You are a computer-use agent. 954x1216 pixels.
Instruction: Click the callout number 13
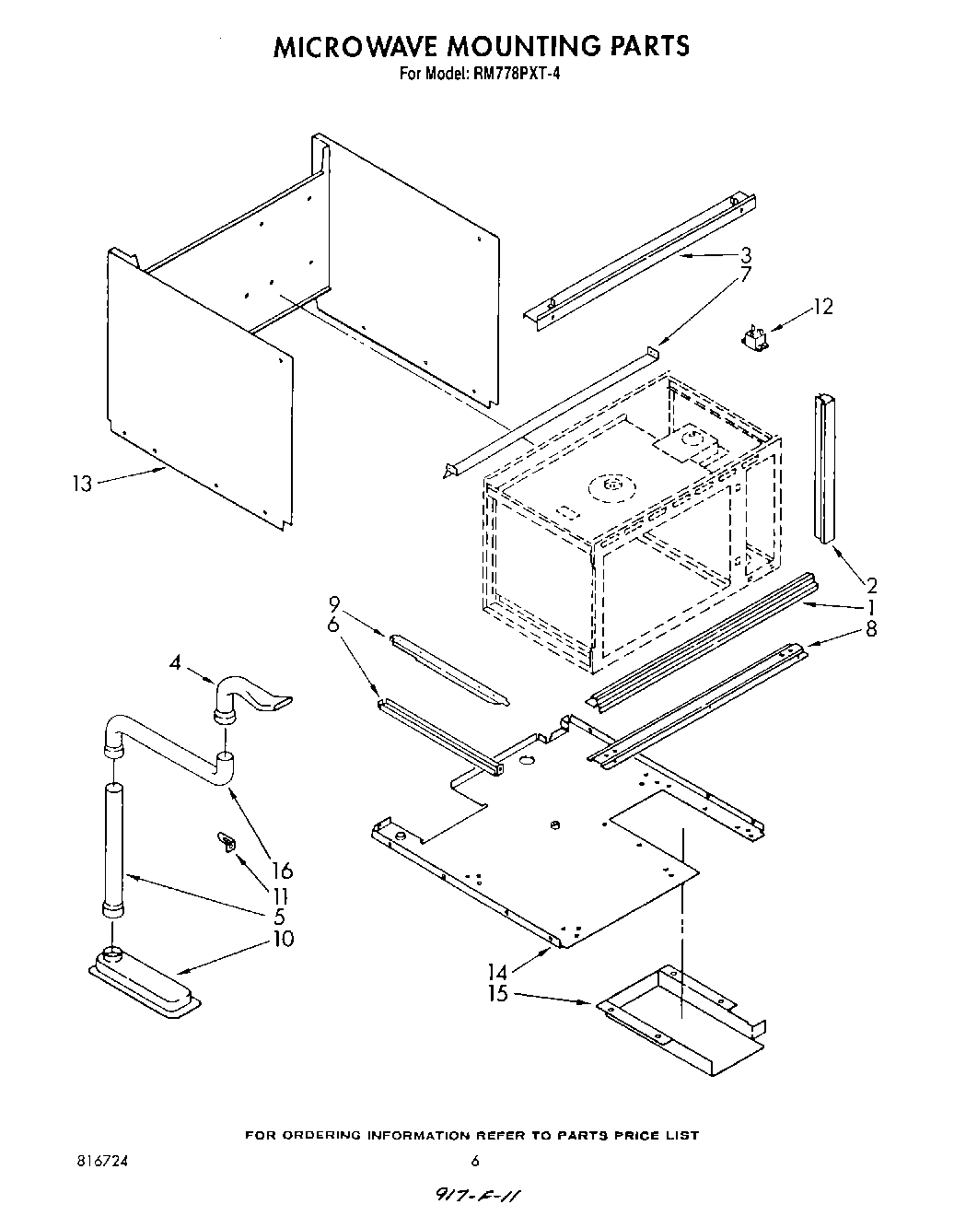pos(83,483)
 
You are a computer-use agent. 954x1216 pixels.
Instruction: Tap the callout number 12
pos(822,307)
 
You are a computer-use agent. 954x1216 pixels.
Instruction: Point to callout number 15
pos(498,996)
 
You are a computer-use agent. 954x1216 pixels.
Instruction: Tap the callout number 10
pos(283,939)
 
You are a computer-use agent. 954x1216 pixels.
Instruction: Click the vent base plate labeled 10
pos(145,987)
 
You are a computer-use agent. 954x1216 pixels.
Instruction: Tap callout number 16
pos(282,871)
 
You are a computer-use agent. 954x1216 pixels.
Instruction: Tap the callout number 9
pos(333,604)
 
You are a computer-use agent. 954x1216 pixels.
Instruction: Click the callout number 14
pos(498,970)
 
